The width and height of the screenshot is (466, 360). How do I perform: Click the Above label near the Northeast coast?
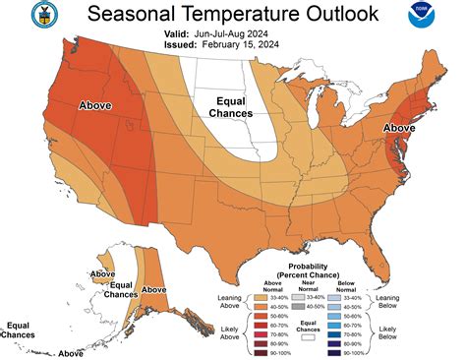[399, 128]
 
